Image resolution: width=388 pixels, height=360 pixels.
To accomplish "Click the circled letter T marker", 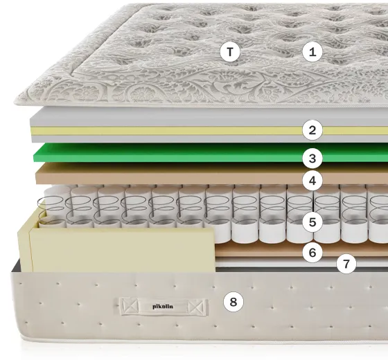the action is [230, 52].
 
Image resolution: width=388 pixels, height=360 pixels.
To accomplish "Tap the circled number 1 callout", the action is [312, 52].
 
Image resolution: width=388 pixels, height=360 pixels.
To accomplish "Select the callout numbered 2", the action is [312, 130].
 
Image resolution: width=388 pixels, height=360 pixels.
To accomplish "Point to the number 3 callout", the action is [312, 159].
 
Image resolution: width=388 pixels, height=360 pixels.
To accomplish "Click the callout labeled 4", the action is [312, 181].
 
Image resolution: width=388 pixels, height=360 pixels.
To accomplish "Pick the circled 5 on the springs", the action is [312, 222].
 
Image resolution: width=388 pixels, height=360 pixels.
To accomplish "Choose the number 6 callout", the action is [312, 253].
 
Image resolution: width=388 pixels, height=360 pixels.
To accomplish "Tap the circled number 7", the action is [346, 264].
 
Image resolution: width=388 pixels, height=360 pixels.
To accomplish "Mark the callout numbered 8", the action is [233, 302].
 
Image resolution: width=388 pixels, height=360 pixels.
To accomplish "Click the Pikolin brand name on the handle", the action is [163, 307].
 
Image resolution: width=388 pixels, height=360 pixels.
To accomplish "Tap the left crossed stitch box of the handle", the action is [129, 306].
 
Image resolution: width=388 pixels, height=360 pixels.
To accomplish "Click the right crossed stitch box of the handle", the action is [197, 307].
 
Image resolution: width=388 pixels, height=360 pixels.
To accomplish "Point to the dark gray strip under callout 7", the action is [297, 269].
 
